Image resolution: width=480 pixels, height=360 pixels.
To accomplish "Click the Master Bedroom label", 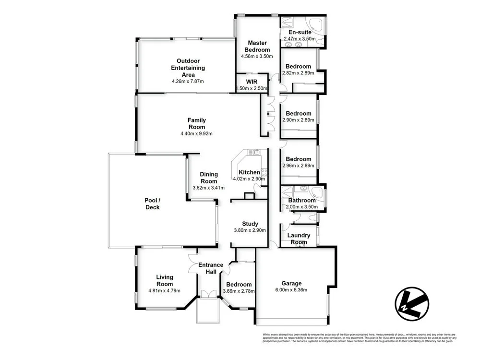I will click(x=257, y=46).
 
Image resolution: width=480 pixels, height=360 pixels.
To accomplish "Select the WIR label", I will click(x=252, y=82).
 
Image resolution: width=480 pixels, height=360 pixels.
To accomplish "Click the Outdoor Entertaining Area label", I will click(x=188, y=68).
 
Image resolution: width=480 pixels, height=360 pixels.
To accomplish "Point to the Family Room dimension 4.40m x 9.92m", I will click(x=197, y=133).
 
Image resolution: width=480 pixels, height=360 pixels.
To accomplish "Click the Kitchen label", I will click(x=250, y=172).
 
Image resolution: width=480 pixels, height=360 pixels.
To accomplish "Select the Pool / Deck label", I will click(x=152, y=204).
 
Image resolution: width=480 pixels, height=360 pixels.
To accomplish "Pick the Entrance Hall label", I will click(x=211, y=268).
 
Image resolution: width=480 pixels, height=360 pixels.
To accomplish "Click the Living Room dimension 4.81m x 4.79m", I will click(x=165, y=290).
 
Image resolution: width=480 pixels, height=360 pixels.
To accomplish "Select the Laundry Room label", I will click(x=299, y=239).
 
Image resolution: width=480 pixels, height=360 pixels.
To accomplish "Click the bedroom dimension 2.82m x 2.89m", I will click(x=298, y=73).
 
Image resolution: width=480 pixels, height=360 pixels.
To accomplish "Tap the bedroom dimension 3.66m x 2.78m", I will click(x=239, y=291).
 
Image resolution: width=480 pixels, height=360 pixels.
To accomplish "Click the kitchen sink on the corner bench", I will click(x=251, y=153).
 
